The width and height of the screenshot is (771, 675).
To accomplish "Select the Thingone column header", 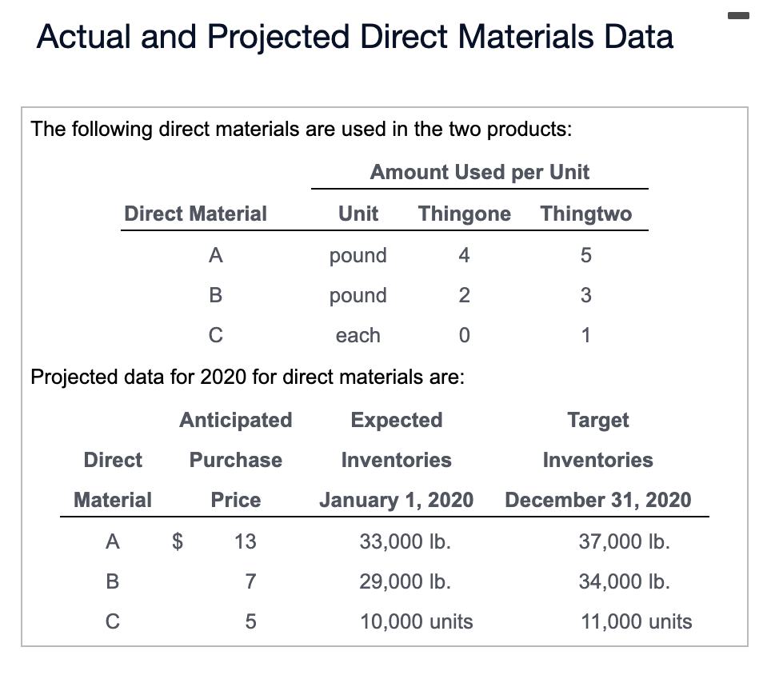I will coord(465,214).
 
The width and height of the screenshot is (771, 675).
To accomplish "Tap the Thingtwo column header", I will coord(585,214).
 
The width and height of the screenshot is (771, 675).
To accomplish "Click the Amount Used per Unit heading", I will coord(479,172).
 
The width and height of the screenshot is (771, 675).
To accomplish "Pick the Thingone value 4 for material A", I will coord(464,256).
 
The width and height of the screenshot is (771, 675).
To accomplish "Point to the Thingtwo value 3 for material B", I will coord(585,296).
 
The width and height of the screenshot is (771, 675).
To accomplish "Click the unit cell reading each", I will coord(358,336).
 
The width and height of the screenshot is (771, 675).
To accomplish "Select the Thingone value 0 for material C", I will coord(464,336).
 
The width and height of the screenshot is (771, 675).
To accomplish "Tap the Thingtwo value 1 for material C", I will coord(585,336).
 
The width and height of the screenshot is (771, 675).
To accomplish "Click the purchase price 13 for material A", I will coord(245,541).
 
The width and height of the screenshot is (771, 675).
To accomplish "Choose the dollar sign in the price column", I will coord(181,541).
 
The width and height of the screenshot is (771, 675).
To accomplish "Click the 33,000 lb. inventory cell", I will coord(405,541).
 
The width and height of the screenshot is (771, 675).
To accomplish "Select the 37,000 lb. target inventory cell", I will coord(624,541).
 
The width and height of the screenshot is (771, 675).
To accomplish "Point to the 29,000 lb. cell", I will coord(405,581).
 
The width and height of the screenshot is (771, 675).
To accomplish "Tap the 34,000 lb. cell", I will coord(624,581).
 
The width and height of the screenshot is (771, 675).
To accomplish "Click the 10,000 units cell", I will coord(416,621).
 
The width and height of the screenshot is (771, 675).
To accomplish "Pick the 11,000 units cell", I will coord(636,621).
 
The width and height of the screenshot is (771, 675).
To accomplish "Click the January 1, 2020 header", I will coord(397,501).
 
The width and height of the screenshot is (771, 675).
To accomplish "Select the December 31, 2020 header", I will coord(598,501).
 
